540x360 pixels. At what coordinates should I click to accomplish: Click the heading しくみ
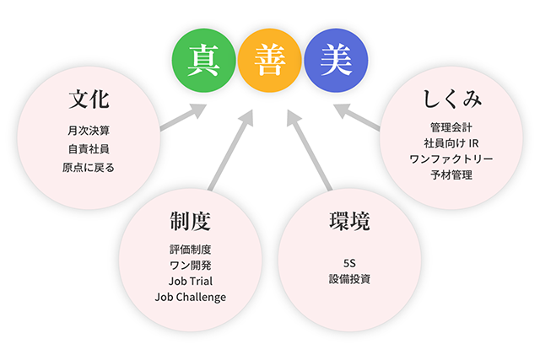click(451, 99)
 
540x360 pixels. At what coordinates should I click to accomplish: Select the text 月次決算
click(89, 131)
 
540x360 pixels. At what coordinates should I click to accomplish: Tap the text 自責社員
click(89, 149)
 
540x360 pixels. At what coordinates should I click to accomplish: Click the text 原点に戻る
click(89, 168)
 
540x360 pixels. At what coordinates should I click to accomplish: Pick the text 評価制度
click(190, 250)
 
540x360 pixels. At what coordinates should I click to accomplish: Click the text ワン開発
click(190, 266)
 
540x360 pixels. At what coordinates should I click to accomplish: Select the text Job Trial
click(190, 281)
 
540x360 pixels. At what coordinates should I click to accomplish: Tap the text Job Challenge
click(190, 297)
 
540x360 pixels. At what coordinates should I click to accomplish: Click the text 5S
click(350, 261)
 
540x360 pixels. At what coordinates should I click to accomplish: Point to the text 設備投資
click(350, 278)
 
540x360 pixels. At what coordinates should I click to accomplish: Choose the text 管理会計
click(451, 126)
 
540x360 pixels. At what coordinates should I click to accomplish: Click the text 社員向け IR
click(451, 142)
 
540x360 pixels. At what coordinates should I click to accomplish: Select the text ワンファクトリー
click(451, 159)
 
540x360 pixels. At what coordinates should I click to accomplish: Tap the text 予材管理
click(451, 175)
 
